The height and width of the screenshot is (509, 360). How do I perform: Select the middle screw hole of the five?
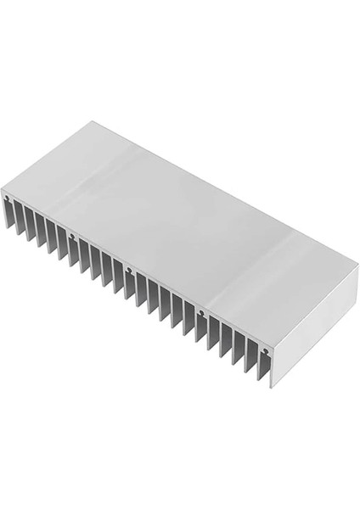click(128, 271)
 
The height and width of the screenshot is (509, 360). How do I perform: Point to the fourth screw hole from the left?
click(200, 316)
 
